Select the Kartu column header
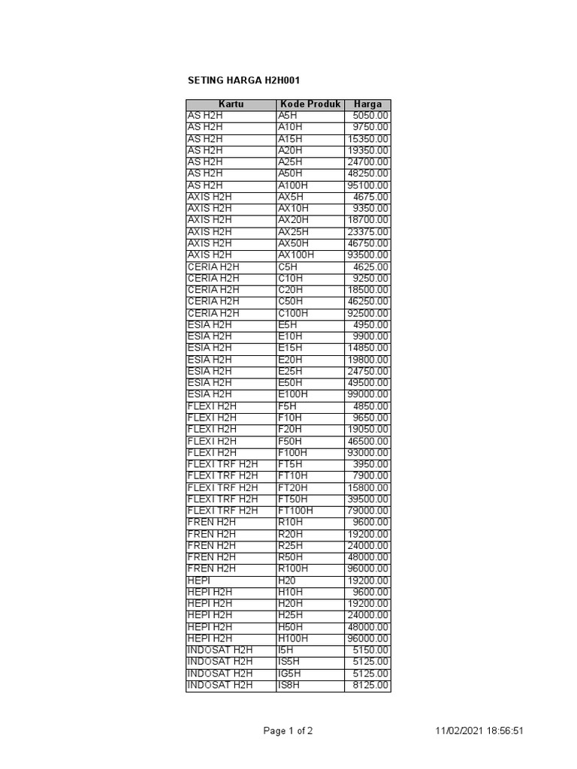tap(231, 104)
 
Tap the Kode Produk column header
tap(310, 104)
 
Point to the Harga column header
tap(367, 104)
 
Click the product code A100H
tap(293, 185)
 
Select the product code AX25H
tap(293, 232)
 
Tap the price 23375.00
tap(368, 232)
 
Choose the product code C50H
tap(291, 301)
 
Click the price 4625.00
tap(371, 267)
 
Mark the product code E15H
tap(290, 348)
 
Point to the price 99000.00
tap(368, 394)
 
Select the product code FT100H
tap(295, 511)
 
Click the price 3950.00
tap(371, 464)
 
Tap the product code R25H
tap(291, 545)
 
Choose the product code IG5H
tap(290, 674)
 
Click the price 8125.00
tap(371, 685)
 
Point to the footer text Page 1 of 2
tap(288, 731)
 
